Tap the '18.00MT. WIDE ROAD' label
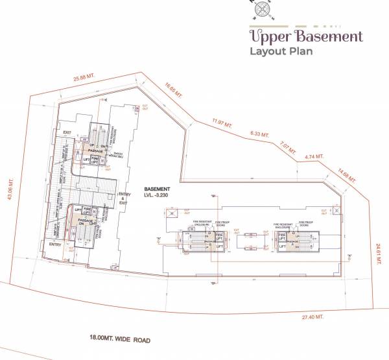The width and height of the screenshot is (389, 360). (124, 337)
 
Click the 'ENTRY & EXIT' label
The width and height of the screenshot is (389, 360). (124, 198)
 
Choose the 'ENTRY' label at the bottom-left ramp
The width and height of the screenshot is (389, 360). (56, 244)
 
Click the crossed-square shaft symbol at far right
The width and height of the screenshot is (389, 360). (337, 210)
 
